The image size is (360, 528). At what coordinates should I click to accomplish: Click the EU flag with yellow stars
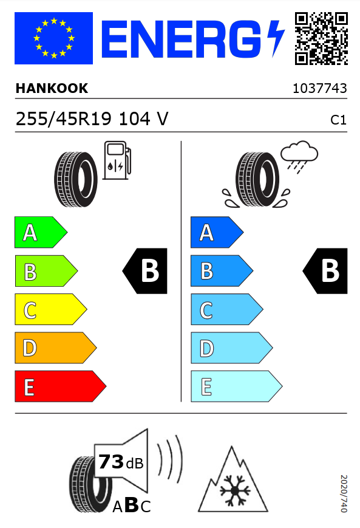click(53, 38)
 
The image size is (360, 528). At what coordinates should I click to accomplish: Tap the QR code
click(321, 38)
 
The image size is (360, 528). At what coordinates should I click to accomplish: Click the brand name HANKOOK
click(52, 89)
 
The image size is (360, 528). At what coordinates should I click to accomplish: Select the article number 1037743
click(319, 89)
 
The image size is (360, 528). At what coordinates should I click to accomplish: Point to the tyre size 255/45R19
click(64, 119)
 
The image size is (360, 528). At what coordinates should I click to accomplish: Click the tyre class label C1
click(338, 120)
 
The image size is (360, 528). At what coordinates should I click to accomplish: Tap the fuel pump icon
click(117, 160)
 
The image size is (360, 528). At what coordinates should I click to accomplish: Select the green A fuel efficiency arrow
click(41, 232)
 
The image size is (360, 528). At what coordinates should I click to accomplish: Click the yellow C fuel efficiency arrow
click(51, 309)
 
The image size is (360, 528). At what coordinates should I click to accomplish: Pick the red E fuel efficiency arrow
click(61, 386)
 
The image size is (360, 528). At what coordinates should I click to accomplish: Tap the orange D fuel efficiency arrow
click(55, 348)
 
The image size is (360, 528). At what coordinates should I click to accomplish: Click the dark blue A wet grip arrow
click(217, 232)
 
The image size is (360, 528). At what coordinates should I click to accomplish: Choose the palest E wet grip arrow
click(237, 386)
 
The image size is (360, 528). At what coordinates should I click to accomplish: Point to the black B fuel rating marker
click(145, 271)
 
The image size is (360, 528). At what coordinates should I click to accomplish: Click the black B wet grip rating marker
click(325, 271)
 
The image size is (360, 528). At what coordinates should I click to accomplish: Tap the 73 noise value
click(111, 461)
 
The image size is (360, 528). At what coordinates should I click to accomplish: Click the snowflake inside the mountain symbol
click(235, 490)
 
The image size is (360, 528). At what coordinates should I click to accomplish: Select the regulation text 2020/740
click(343, 493)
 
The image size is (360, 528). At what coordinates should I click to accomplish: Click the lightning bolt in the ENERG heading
click(276, 38)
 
